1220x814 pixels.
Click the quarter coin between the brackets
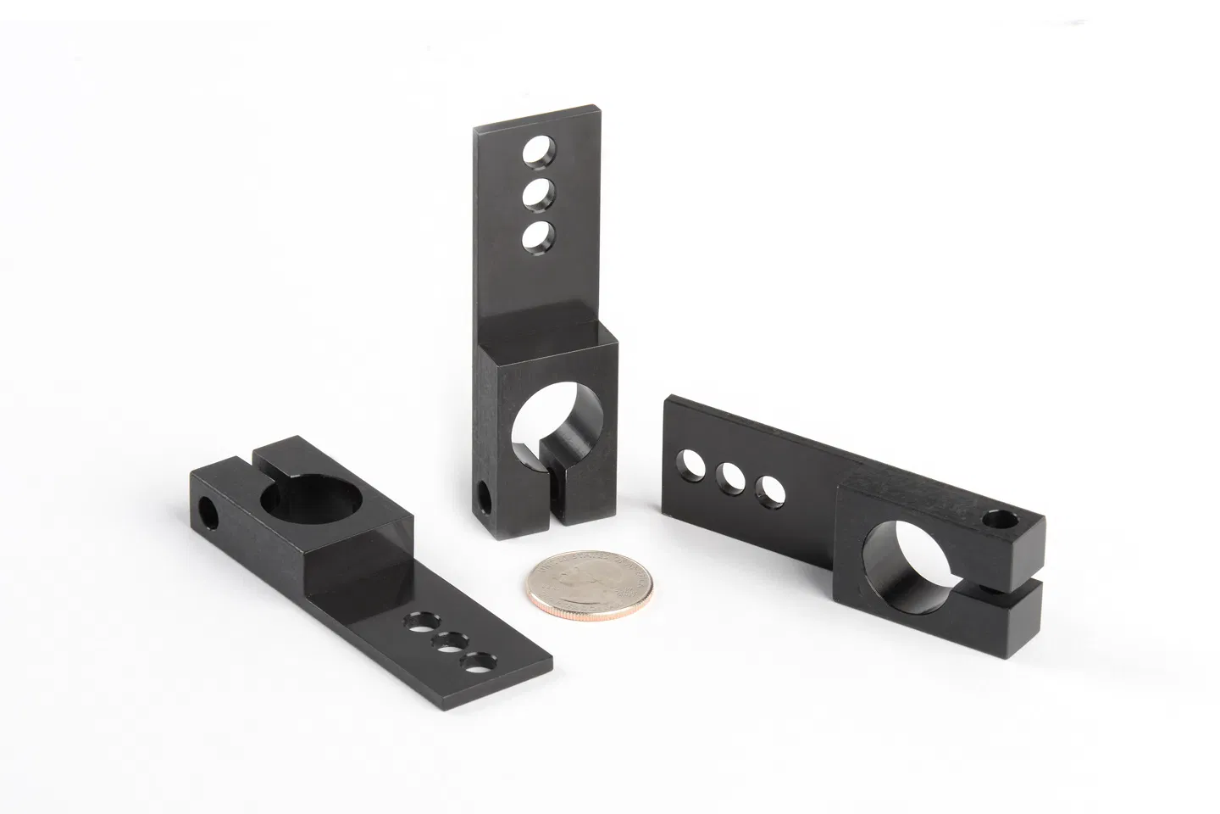tap(584, 584)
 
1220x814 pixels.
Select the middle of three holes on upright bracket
tap(535, 196)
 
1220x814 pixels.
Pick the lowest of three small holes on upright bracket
tap(535, 236)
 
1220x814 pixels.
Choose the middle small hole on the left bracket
tap(448, 643)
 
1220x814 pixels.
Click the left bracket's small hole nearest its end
tap(480, 662)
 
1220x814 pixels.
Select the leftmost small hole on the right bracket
tap(689, 464)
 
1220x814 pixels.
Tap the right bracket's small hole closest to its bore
tap(771, 491)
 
